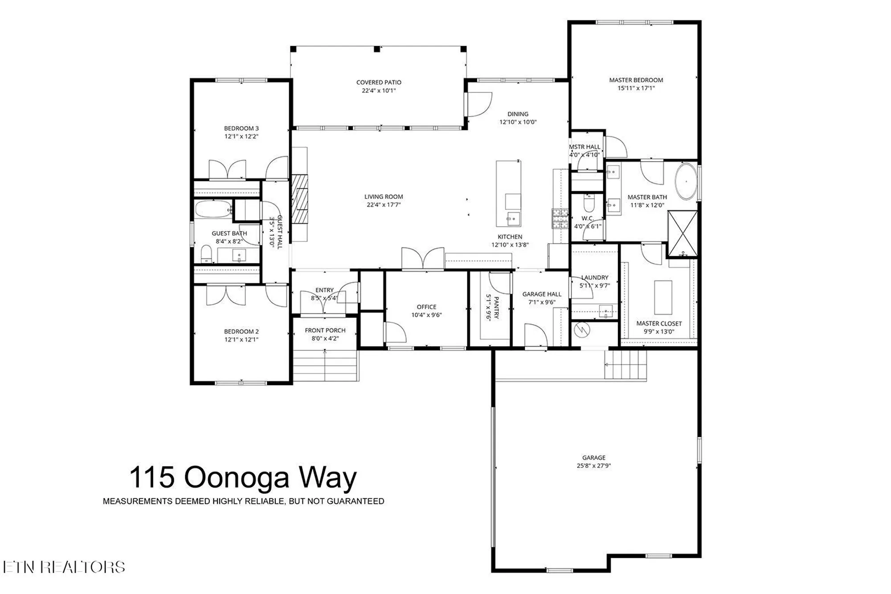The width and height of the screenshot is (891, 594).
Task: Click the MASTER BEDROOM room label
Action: [636, 80]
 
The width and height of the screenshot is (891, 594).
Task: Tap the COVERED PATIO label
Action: [379, 82]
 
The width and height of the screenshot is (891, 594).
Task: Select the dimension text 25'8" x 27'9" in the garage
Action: [593, 466]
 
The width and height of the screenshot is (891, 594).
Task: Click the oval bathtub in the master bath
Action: [686, 182]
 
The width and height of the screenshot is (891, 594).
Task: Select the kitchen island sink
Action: [513, 218]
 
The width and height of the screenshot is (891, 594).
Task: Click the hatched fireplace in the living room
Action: [300, 198]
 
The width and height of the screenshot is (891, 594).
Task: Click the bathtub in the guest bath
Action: [213, 209]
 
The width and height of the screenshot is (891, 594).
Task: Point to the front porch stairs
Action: [325, 365]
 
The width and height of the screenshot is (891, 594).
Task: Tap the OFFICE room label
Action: [426, 307]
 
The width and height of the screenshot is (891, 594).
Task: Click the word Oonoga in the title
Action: [237, 477]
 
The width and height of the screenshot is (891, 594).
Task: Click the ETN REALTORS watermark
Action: [64, 567]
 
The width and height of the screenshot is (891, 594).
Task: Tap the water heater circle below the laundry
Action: [582, 330]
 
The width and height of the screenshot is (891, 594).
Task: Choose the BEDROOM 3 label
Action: [241, 128]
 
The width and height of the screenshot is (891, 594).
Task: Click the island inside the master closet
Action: [663, 297]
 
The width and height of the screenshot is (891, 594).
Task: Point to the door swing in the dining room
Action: [479, 105]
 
